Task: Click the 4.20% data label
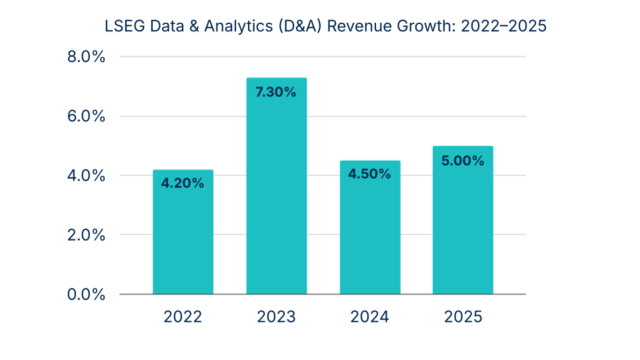pos(183,183)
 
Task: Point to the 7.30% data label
pos(276,92)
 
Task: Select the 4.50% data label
pos(370,174)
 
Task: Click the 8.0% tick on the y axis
pos(87,57)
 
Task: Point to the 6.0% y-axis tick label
pos(87,116)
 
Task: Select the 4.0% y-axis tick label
pos(87,175)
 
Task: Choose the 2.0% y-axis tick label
pos(87,235)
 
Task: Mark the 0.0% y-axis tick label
pos(87,294)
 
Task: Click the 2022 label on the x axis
pos(183,317)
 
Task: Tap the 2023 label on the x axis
pos(276,317)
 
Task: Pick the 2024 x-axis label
pos(370,317)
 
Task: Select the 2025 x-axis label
pos(463,317)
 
